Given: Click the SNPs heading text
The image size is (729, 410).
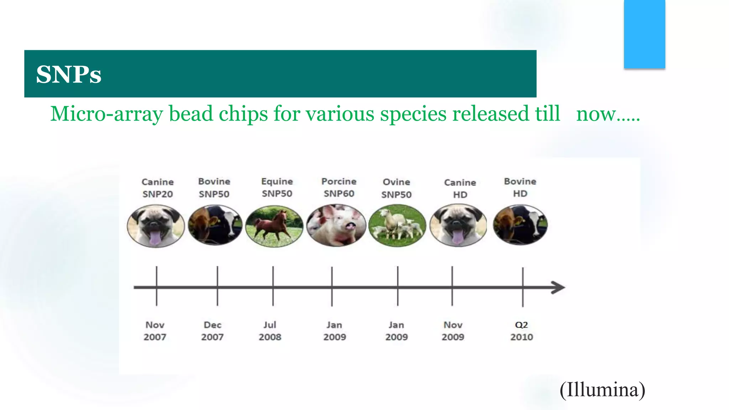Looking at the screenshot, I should (69, 74).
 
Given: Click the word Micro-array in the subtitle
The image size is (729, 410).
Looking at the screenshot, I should (106, 114).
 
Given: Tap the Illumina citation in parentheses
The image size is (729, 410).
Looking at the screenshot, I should (602, 389).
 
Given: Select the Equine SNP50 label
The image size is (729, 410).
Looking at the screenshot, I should (277, 188).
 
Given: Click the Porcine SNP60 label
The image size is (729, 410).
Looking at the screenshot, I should (339, 188).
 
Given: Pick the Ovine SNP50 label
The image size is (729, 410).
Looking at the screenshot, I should (396, 188).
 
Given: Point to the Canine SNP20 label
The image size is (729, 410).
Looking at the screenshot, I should (158, 188).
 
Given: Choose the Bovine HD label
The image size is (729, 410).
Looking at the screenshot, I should (520, 188).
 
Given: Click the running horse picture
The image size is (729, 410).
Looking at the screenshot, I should (274, 226).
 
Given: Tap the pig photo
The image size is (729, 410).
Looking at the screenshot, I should (336, 225).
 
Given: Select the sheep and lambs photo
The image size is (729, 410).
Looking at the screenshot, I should (397, 226).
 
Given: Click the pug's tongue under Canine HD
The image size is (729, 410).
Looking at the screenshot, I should (457, 237).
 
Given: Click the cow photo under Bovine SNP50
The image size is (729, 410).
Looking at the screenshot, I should (215, 225).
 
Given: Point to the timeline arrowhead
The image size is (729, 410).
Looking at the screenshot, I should (558, 287).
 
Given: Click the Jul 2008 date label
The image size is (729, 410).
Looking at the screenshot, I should (270, 331).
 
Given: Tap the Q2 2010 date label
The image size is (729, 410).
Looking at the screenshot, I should (521, 331).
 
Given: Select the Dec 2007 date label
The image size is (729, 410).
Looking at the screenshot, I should (213, 331).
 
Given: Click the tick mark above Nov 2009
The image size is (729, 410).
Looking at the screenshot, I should (452, 286).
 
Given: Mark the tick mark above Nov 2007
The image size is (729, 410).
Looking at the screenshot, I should (156, 286).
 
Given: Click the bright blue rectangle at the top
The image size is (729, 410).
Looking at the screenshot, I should (644, 34).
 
